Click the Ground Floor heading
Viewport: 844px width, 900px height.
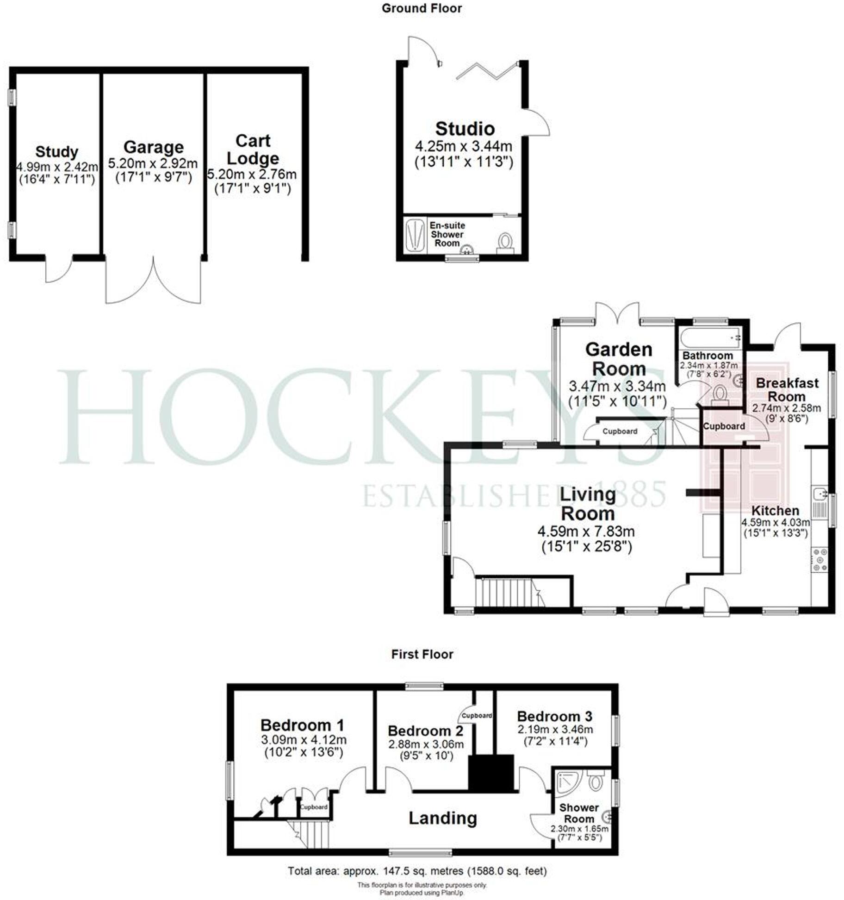[422, 8]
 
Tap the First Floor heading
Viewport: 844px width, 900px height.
[422, 654]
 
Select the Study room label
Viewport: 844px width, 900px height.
[56, 152]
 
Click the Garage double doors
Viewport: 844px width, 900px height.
[153, 281]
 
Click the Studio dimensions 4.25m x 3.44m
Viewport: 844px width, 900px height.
[464, 147]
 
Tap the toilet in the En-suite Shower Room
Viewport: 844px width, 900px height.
[505, 243]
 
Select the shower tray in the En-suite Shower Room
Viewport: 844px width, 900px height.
[415, 235]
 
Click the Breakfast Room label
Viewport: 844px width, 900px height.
[787, 389]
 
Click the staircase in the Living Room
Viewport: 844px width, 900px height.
[508, 592]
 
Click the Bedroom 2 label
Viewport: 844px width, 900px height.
[425, 731]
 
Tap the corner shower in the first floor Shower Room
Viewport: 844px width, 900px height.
[567, 782]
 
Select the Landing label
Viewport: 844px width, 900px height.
[442, 818]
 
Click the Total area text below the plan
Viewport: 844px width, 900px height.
[417, 871]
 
